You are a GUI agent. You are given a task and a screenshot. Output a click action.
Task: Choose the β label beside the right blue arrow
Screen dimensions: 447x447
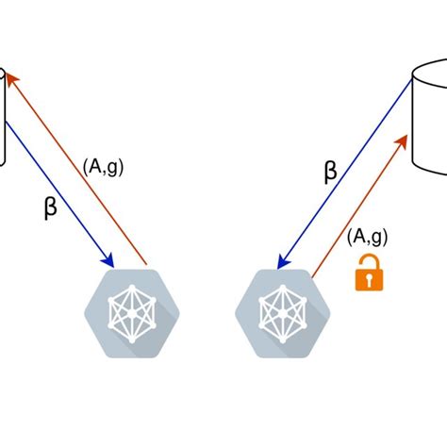click(330, 172)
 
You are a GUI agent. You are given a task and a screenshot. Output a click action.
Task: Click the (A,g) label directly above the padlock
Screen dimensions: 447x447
click(366, 236)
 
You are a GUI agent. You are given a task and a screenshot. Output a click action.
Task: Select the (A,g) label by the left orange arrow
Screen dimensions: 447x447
click(102, 169)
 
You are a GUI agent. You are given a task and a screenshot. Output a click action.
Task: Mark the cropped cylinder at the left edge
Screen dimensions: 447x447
click(4, 118)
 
